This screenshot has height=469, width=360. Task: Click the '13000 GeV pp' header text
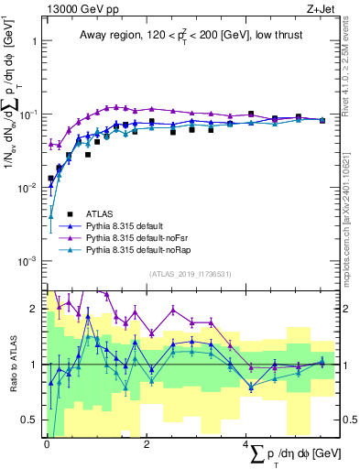tap(76, 9)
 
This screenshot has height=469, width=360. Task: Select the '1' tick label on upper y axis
tap(34, 42)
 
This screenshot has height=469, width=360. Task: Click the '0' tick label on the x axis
tap(47, 443)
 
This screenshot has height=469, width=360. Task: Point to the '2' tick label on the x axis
tap(147, 443)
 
